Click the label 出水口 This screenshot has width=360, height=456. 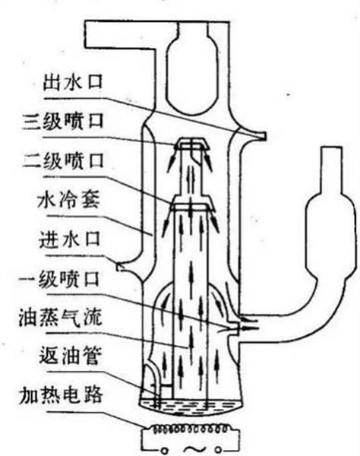coord(73,81)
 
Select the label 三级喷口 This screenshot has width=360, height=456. coord(63,121)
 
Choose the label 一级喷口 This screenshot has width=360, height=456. coord(59,279)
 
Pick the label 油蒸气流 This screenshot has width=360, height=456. coord(61,317)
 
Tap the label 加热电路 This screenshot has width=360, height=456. coord(61,395)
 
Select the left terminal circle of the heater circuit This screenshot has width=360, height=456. coord(165,451)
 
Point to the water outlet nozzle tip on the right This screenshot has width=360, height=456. coord(264,135)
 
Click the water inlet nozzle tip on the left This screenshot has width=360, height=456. coord(118,267)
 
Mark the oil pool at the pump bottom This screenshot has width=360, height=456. coord(191,407)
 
